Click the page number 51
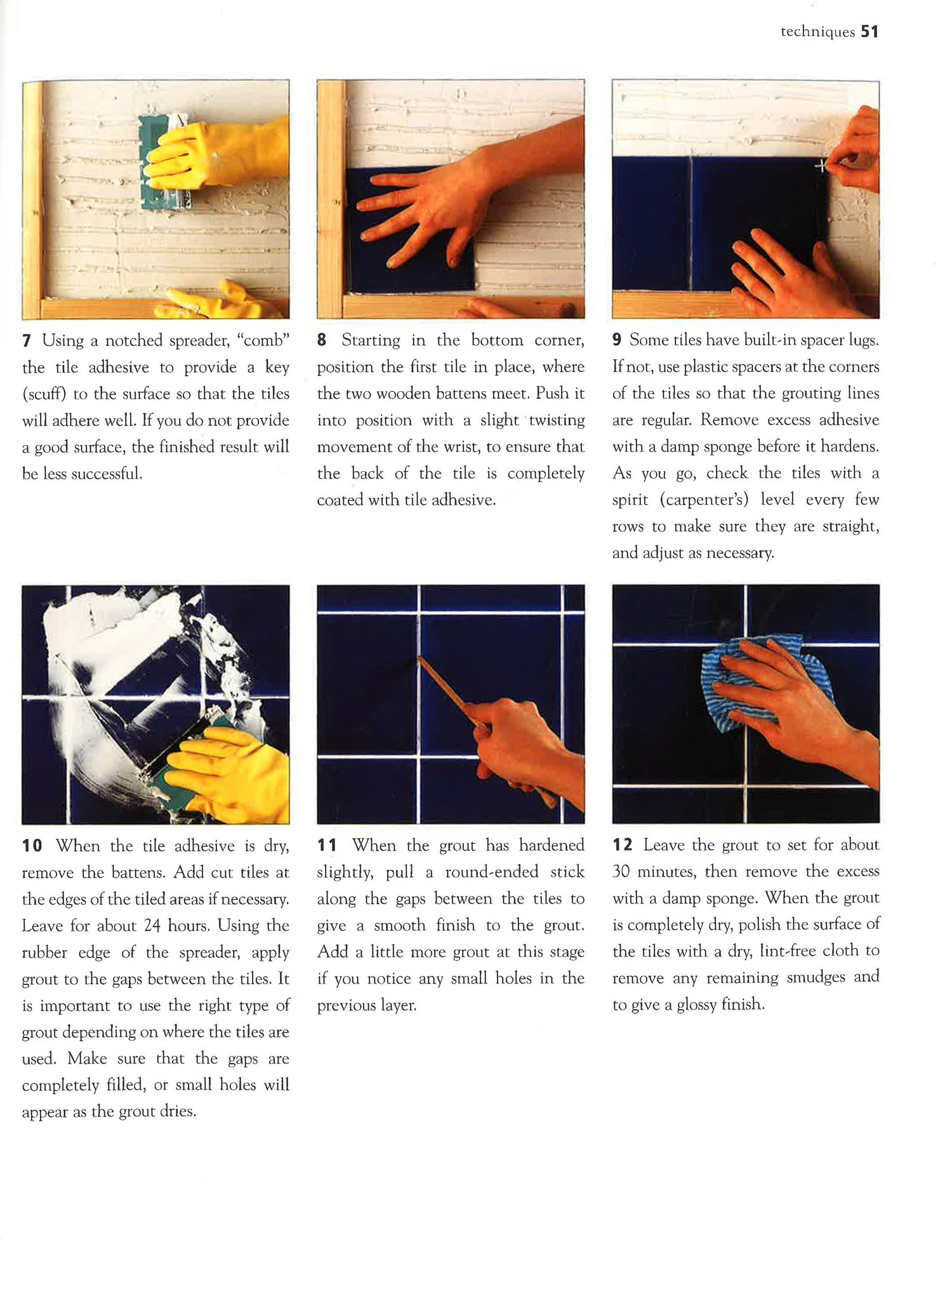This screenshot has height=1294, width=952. coord(869,32)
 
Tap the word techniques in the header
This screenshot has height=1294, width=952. coord(817,32)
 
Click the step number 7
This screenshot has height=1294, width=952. coord(26,341)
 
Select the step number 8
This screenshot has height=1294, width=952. coord(322,340)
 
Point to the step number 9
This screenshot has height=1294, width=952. coord(617,340)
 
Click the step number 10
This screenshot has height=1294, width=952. coord(32,846)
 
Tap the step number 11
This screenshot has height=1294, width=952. coord(327,845)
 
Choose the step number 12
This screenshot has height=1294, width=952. coord(623,844)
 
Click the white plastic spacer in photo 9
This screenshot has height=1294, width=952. coord(822,166)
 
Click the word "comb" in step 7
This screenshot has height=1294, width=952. coord(263,340)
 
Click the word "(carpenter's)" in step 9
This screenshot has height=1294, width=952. coord(704,500)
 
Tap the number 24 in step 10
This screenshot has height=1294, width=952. coord(152,925)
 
